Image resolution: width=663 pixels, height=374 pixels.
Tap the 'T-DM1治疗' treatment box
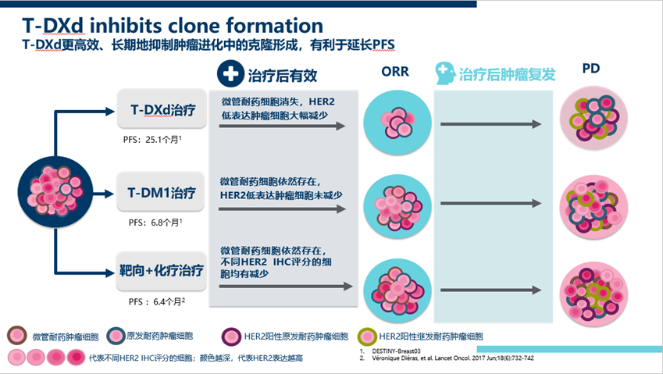(162, 193)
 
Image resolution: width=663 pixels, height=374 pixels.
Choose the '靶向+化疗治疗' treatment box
(162, 272)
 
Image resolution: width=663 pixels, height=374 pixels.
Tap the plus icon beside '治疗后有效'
(229, 74)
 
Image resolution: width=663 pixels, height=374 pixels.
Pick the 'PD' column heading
(592, 69)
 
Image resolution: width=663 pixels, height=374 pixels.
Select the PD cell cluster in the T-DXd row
(592, 121)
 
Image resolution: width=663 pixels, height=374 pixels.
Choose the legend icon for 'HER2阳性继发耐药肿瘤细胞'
(367, 337)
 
